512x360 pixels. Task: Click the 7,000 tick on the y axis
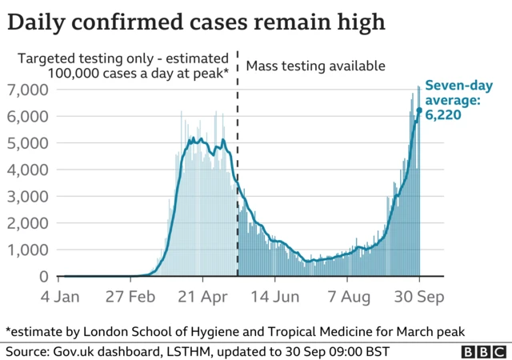(x=28, y=90)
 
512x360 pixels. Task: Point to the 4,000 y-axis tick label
(x=28, y=170)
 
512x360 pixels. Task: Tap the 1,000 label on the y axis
(x=28, y=250)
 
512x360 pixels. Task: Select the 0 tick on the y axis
(x=44, y=277)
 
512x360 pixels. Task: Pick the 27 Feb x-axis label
(x=130, y=298)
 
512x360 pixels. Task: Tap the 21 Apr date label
(x=202, y=298)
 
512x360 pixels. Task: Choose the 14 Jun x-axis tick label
(x=275, y=298)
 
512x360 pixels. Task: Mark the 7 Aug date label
(x=347, y=298)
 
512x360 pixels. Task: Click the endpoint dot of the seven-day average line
(x=419, y=110)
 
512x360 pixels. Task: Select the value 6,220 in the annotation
(x=442, y=115)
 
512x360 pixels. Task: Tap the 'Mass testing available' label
(x=315, y=66)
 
